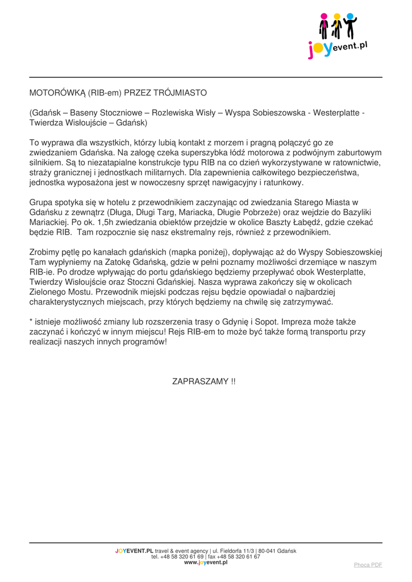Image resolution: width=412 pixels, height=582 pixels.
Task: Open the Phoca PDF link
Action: click(368, 565)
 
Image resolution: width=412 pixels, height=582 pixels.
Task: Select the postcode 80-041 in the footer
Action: click(265, 551)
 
